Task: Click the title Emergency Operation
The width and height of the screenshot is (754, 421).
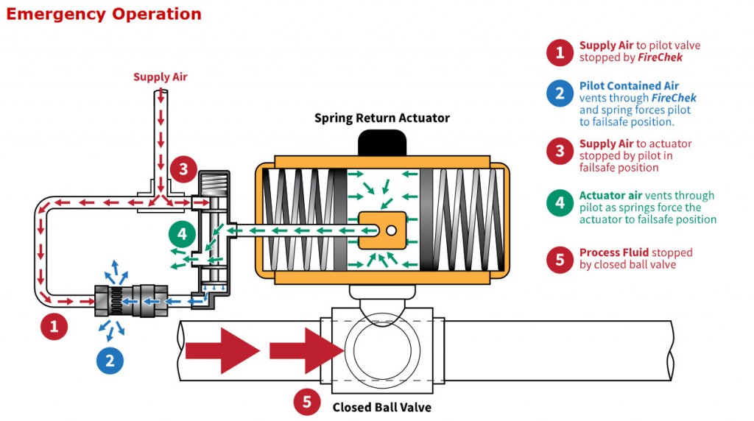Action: pyautogui.click(x=103, y=14)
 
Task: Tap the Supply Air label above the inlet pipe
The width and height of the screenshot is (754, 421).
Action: pyautogui.click(x=160, y=77)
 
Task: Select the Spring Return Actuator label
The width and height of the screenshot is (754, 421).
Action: pyautogui.click(x=381, y=118)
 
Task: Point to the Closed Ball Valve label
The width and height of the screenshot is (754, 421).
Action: pyautogui.click(x=381, y=407)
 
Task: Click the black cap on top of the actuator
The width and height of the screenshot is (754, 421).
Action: pyautogui.click(x=381, y=143)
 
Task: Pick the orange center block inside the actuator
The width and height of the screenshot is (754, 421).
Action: pyautogui.click(x=382, y=230)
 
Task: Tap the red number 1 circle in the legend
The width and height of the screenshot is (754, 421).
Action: pyautogui.click(x=560, y=52)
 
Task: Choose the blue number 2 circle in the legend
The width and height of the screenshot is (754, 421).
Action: pyautogui.click(x=560, y=93)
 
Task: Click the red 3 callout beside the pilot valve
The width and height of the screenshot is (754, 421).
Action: pyautogui.click(x=183, y=169)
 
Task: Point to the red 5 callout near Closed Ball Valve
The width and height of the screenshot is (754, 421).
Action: pyautogui.click(x=307, y=402)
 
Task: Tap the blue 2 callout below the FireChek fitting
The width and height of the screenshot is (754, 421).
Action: pyautogui.click(x=110, y=360)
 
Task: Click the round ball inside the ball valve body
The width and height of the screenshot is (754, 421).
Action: pyautogui.click(x=381, y=350)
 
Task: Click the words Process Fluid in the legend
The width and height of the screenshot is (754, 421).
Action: pyautogui.click(x=613, y=252)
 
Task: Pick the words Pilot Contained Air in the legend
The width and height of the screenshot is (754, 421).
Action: pyautogui.click(x=629, y=86)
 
